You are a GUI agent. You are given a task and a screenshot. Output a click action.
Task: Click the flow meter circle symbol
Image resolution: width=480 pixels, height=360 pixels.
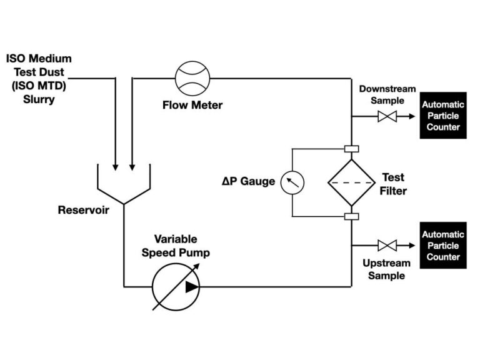pyautogui.click(x=193, y=78)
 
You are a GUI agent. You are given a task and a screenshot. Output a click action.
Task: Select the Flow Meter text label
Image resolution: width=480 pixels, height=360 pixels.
pyautogui.click(x=192, y=105)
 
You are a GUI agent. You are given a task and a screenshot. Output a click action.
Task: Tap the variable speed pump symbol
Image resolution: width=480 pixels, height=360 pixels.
pyautogui.click(x=176, y=287)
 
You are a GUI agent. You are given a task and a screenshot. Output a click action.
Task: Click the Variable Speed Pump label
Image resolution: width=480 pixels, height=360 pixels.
pyautogui.click(x=176, y=246)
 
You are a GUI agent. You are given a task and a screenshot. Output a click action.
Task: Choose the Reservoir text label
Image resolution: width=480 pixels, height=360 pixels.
pyautogui.click(x=83, y=210)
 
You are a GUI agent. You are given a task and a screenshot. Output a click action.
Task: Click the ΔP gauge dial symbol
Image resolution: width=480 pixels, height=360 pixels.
pyautogui.click(x=292, y=182)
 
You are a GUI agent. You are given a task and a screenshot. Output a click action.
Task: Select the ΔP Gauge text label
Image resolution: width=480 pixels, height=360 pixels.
pyautogui.click(x=247, y=182)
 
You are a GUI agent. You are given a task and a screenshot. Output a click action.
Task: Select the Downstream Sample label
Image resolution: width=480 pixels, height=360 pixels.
pyautogui.click(x=387, y=94)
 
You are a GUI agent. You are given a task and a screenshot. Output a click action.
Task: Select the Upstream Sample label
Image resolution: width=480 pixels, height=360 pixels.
pyautogui.click(x=387, y=269)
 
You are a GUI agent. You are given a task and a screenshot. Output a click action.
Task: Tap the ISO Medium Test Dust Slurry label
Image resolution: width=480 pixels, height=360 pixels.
pyautogui.click(x=39, y=79)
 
